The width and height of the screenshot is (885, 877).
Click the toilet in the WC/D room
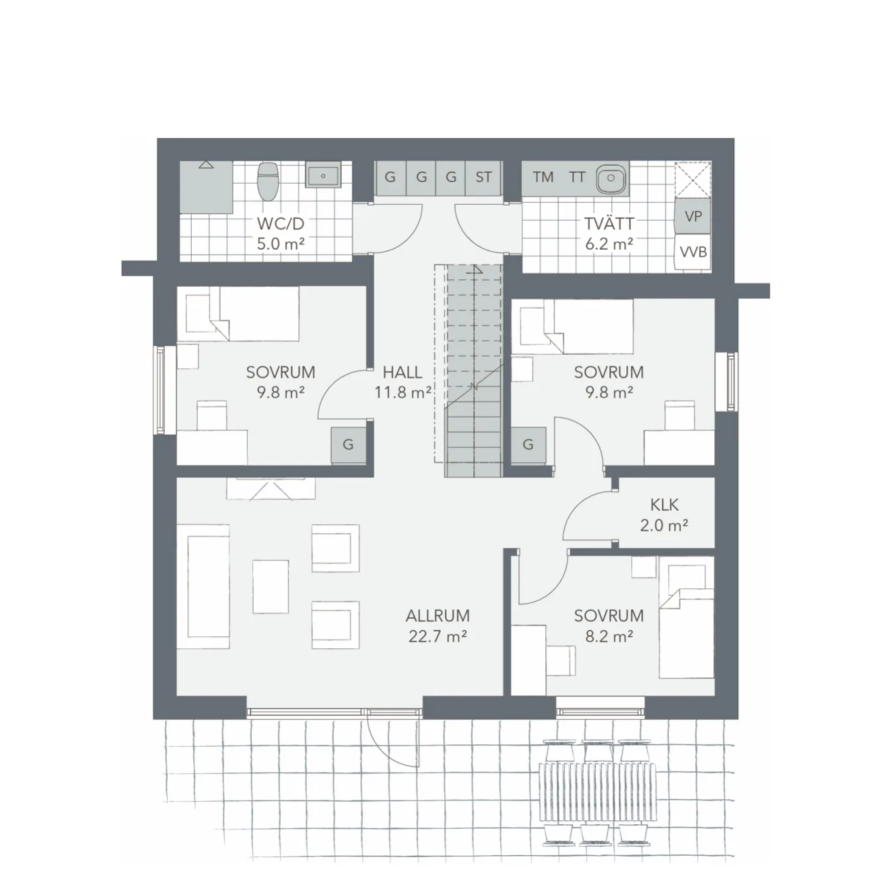click(267, 181)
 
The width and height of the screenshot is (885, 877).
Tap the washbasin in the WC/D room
click(323, 176)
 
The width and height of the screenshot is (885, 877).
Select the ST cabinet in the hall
click(483, 177)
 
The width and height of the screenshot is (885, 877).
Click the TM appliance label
click(543, 176)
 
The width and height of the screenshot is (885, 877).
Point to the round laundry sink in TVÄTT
click(611, 178)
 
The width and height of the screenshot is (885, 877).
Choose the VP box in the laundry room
click(693, 217)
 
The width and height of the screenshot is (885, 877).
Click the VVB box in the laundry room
click(693, 252)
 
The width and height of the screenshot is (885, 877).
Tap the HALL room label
click(402, 371)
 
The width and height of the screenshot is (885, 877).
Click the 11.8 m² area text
click(403, 393)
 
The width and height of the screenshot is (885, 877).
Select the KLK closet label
click(664, 505)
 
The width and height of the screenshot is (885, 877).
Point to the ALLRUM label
click(438, 616)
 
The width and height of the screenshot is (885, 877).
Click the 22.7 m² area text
click(437, 636)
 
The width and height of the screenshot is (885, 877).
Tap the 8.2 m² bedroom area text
click(609, 636)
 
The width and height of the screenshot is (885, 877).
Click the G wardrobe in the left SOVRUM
click(348, 445)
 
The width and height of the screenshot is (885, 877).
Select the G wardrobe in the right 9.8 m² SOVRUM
click(528, 445)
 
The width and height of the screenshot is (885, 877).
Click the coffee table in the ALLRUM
click(270, 587)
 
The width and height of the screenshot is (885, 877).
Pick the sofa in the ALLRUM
click(208, 587)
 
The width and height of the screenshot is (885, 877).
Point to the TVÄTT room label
click(609, 223)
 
